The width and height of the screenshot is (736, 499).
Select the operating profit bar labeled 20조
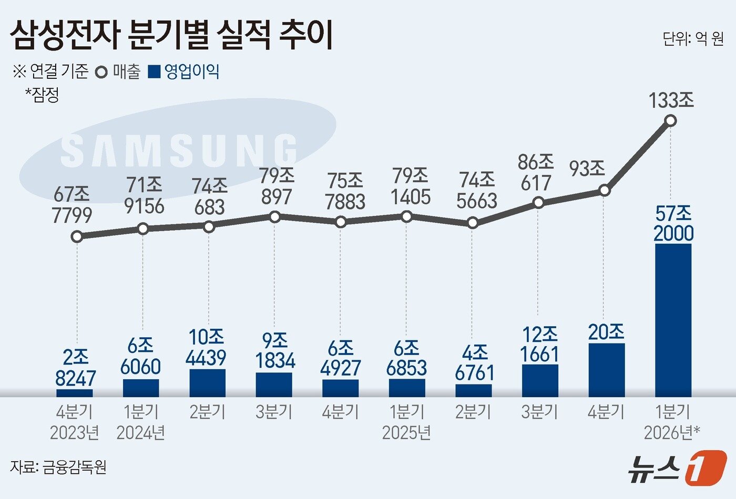pyautogui.click(x=607, y=370)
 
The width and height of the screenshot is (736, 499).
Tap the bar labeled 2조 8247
pyautogui.click(x=75, y=392)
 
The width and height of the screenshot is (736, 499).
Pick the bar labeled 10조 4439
pyautogui.click(x=208, y=382)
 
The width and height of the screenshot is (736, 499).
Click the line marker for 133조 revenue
pyautogui.click(x=670, y=121)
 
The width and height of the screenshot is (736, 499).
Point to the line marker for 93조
pyautogui.click(x=605, y=190)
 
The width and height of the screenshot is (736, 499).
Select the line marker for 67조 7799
pyautogui.click(x=77, y=236)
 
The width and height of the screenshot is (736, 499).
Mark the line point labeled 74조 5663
pyautogui.click(x=473, y=223)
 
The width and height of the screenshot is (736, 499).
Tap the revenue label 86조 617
pyautogui.click(x=536, y=172)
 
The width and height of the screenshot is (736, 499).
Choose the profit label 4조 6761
pyautogui.click(x=475, y=363)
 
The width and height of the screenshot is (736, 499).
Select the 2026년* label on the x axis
pyautogui.click(x=671, y=433)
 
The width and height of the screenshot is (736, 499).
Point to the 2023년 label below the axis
pyautogui.click(x=75, y=433)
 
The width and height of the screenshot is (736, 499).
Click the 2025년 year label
pyautogui.click(x=406, y=433)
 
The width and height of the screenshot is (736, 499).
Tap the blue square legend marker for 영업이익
pyautogui.click(x=154, y=72)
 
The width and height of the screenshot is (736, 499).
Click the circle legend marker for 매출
pyautogui.click(x=102, y=72)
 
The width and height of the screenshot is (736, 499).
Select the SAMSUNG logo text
pyautogui.click(x=179, y=151)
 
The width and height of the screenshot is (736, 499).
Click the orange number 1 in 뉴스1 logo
pyautogui.click(x=706, y=467)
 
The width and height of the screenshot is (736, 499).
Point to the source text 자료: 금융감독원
pyautogui.click(x=58, y=467)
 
